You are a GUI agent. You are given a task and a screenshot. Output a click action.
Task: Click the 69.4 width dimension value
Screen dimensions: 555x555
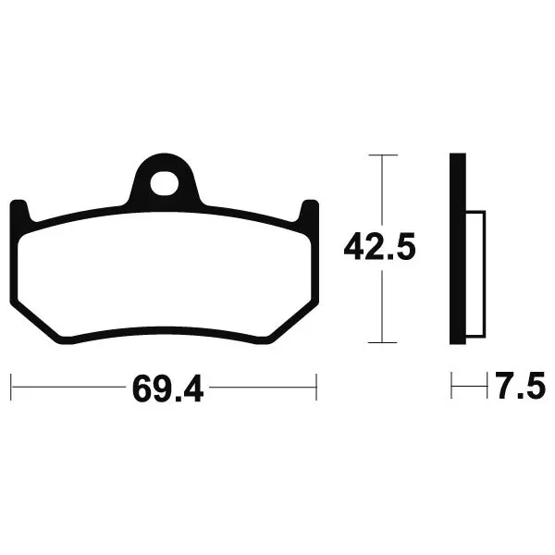(167, 389)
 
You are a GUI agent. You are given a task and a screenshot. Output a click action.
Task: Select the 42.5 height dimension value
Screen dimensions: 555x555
(379, 247)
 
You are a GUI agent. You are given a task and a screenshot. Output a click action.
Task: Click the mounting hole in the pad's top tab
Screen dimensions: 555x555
(165, 183)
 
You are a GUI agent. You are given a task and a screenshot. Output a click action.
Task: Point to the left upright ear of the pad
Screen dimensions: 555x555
(20, 212)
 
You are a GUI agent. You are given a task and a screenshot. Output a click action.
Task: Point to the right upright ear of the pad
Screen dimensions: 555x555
(309, 212)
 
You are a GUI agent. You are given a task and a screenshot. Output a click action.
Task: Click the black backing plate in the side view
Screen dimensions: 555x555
(458, 249)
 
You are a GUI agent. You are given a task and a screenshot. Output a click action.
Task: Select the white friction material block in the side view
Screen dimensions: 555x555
(475, 274)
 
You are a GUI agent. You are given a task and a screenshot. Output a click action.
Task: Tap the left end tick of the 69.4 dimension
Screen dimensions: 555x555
(11, 387)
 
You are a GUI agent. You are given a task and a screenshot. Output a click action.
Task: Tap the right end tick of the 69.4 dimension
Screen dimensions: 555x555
(316, 387)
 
